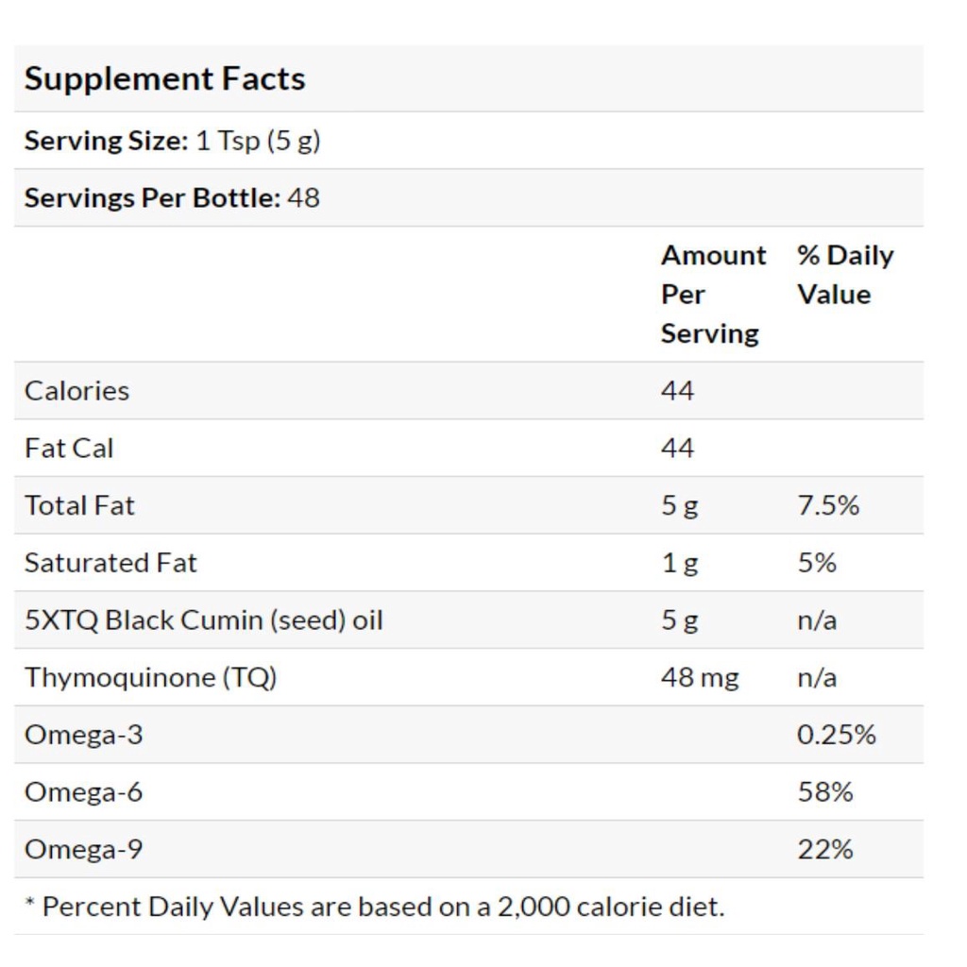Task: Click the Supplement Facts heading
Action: (x=164, y=78)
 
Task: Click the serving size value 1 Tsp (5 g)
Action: (x=258, y=141)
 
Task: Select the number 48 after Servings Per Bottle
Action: (x=303, y=198)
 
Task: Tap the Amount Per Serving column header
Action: (x=713, y=294)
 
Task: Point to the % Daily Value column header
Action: (x=844, y=275)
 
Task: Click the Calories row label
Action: (x=76, y=391)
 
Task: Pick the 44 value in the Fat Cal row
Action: (x=677, y=449)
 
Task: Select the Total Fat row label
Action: (x=79, y=505)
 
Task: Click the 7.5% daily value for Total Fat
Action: (x=828, y=505)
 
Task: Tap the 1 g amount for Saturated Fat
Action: (x=680, y=563)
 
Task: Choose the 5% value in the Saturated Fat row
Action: (x=817, y=563)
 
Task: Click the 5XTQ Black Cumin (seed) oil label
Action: (x=203, y=620)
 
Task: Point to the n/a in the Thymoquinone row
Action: (x=817, y=678)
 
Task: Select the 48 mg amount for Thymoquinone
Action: (x=700, y=678)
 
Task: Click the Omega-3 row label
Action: (x=83, y=735)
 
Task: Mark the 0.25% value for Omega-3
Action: (x=836, y=735)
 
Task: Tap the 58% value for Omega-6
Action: (x=824, y=792)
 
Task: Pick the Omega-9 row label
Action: (x=83, y=850)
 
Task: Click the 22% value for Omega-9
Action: (x=824, y=850)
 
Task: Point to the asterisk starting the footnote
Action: (x=29, y=904)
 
